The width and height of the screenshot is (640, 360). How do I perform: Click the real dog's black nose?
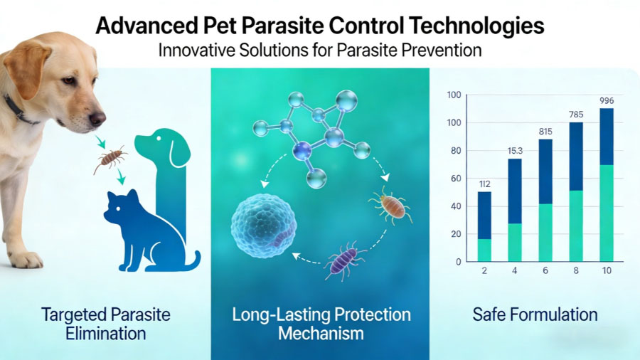click(x=97, y=118)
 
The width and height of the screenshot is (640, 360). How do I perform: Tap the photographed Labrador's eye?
click(x=68, y=80)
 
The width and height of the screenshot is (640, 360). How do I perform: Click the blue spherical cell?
click(x=263, y=225)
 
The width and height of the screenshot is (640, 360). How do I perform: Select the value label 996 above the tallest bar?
click(x=607, y=101)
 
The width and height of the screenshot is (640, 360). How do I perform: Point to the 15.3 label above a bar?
click(x=515, y=151)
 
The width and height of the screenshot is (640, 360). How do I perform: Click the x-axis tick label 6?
click(x=545, y=270)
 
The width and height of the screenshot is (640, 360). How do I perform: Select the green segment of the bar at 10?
click(x=607, y=213)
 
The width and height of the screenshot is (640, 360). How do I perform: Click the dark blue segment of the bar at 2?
click(x=484, y=216)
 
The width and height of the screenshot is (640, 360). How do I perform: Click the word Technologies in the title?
click(x=476, y=26)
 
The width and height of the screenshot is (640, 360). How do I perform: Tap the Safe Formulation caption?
click(x=535, y=314)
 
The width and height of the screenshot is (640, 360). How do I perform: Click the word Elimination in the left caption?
click(x=106, y=334)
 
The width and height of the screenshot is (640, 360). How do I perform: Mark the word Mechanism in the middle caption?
click(x=321, y=334)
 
